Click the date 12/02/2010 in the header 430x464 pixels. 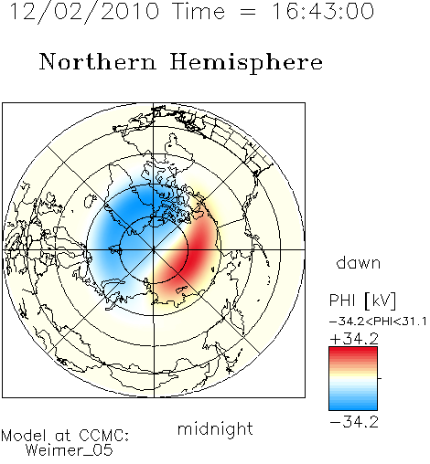84,12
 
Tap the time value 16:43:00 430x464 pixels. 323,11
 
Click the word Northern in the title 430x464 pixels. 98,61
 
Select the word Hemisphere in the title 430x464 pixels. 246,63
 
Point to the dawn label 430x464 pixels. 359,262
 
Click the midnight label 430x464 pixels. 215,428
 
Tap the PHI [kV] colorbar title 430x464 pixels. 362,301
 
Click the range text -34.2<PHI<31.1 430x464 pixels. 378,322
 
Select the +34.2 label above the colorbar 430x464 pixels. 354,339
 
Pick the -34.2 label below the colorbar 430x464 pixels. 354,422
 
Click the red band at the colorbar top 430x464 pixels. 353,351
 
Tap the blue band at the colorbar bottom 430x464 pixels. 353,406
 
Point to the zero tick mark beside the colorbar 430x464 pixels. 380,378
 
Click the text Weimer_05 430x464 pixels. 69,449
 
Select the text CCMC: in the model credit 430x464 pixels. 104,436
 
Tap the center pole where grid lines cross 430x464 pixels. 154,250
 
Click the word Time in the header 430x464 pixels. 199,12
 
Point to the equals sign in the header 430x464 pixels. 248,12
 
